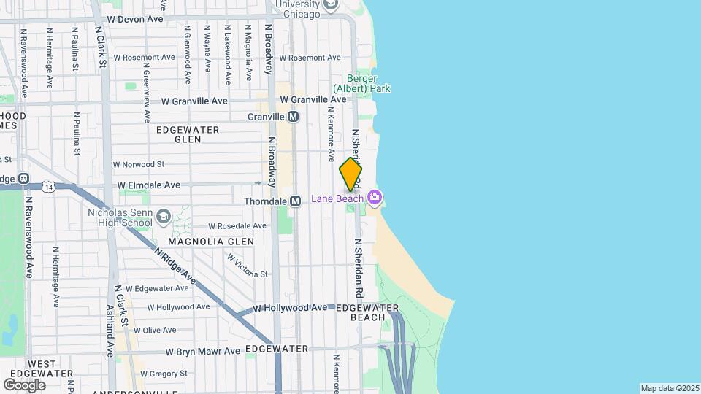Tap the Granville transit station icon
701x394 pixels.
pos(294,117)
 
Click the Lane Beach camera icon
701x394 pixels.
pos(375,198)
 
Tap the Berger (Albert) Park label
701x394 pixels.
pos(369,83)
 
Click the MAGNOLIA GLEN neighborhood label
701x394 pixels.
pos(211,242)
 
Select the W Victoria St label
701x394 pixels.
pos(248,266)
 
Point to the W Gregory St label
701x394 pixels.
pos(164,374)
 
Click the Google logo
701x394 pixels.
pos(24,385)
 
